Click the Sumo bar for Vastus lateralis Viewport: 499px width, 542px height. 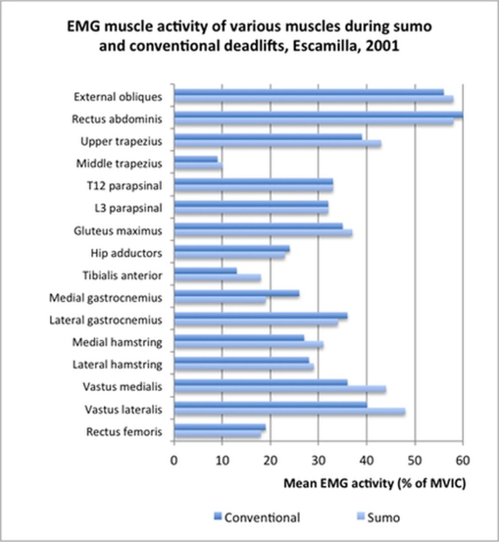[289, 411]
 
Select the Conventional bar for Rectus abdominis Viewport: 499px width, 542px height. [319, 115]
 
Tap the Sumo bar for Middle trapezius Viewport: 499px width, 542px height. [198, 166]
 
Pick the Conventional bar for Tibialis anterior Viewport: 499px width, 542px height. [206, 271]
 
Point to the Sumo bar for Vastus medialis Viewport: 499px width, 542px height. [280, 390]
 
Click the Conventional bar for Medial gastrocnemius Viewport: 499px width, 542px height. [237, 294]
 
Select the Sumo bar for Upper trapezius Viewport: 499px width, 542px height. [277, 144]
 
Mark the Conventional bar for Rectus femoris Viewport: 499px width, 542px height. [220, 427]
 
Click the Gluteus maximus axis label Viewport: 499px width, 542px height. [118, 231]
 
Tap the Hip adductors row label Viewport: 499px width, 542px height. [126, 253]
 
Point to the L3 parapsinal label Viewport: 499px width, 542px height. [128, 208]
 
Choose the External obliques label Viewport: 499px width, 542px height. [118, 97]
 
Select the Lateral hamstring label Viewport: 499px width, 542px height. [117, 365]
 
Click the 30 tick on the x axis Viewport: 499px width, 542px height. [319, 460]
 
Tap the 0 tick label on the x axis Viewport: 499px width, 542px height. [174, 460]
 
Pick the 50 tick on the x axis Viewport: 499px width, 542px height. [415, 460]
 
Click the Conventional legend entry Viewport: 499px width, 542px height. [257, 517]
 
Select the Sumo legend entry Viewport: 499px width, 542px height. [379, 517]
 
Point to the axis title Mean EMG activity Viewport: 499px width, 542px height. [338, 483]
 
